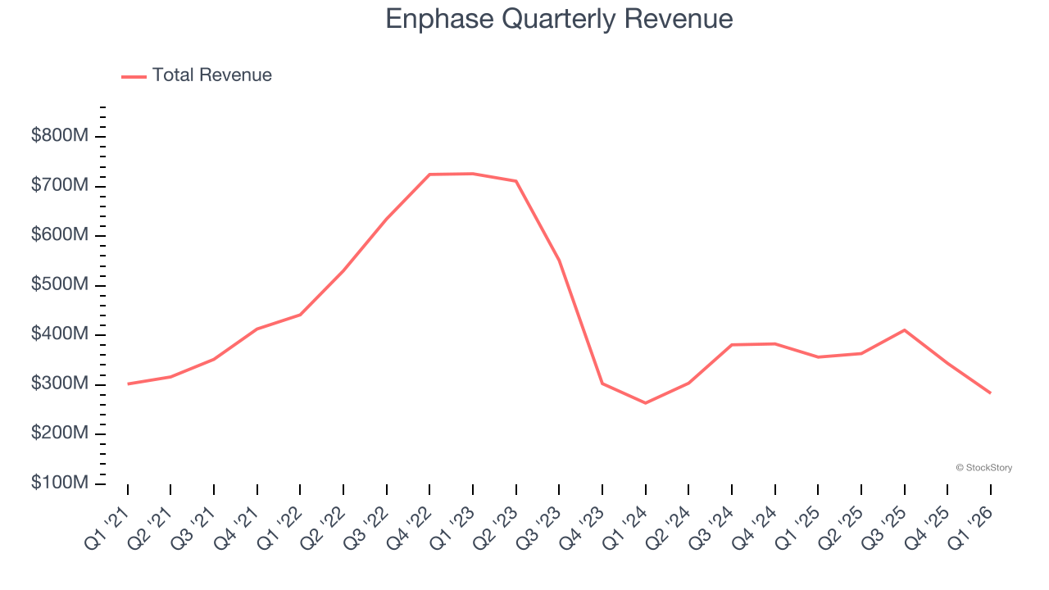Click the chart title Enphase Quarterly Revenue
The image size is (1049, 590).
(x=559, y=19)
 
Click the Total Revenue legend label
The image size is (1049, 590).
(x=211, y=75)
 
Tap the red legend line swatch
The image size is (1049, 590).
(x=134, y=76)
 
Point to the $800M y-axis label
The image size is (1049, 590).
(x=59, y=136)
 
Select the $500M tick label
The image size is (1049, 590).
(x=59, y=285)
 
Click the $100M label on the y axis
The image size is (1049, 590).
(x=59, y=483)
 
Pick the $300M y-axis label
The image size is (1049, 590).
(x=59, y=384)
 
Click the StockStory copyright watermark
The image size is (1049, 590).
(x=983, y=468)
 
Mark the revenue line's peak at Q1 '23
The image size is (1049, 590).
(x=473, y=174)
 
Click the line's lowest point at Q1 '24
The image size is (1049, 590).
(x=645, y=403)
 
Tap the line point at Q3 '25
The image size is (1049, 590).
(x=904, y=330)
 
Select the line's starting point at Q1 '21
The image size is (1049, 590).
(x=128, y=383)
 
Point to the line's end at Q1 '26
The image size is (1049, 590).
(x=990, y=393)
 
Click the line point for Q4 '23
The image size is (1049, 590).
(x=602, y=383)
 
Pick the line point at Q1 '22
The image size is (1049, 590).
(x=300, y=315)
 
